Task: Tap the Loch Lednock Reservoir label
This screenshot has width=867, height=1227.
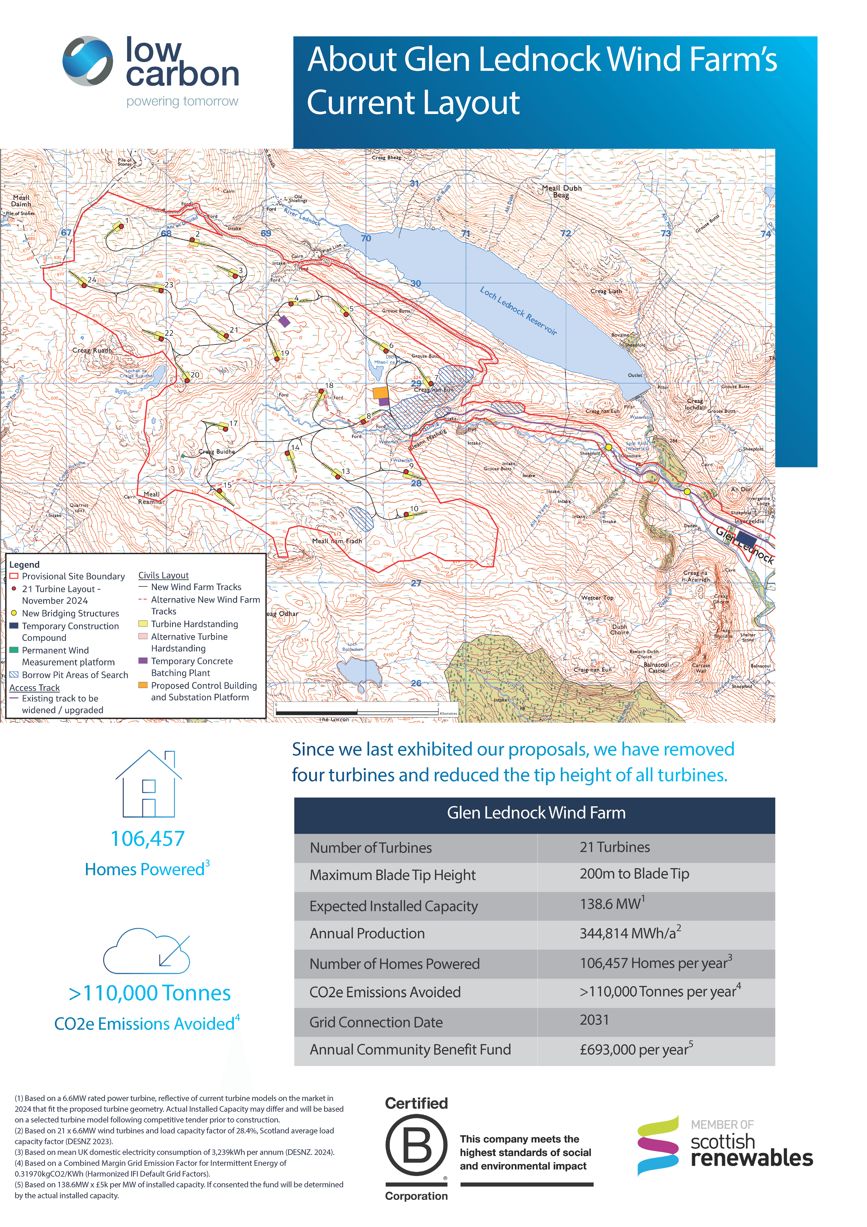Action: point(518,311)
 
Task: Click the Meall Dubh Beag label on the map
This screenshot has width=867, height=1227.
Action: point(561,191)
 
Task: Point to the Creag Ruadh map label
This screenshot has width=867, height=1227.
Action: point(93,350)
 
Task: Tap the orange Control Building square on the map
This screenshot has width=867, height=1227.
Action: point(380,393)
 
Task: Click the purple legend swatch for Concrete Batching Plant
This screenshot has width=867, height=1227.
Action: point(143,661)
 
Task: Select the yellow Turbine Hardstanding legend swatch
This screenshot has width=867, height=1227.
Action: point(143,624)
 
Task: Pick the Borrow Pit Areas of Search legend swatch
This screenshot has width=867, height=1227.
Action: point(14,674)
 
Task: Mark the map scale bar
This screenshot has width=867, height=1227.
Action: point(357,712)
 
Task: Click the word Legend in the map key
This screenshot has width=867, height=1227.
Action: point(24,564)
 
